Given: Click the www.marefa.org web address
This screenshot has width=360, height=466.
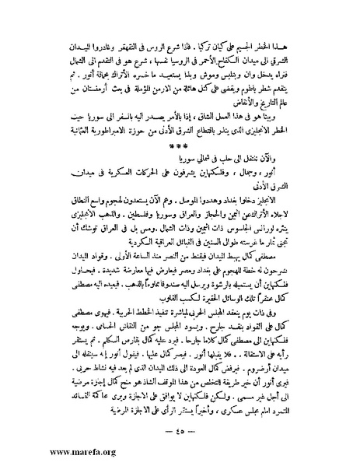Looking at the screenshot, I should (46, 450).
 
